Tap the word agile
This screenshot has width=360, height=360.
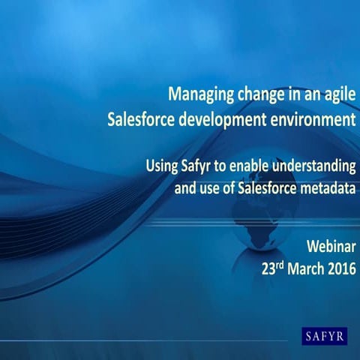pos(337,96)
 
